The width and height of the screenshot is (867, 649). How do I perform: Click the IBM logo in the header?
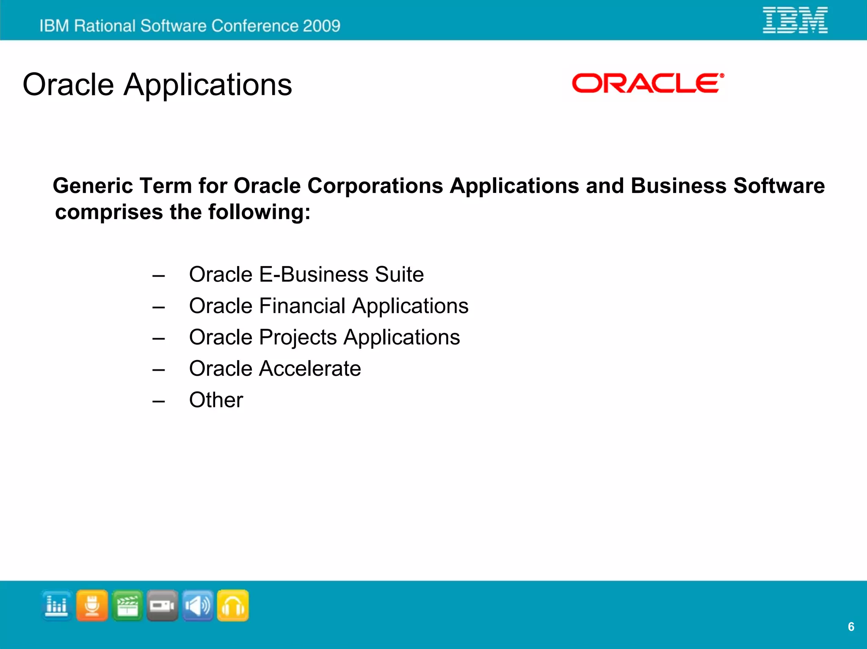click(x=795, y=20)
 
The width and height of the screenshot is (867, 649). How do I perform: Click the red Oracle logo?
click(x=647, y=83)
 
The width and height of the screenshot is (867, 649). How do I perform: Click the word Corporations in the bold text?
click(x=375, y=186)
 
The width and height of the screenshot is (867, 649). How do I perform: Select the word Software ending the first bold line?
click(x=779, y=186)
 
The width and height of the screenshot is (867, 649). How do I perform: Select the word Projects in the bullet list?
click(x=298, y=337)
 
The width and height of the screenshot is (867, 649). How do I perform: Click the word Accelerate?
click(x=310, y=368)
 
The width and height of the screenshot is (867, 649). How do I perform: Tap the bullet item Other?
click(x=216, y=400)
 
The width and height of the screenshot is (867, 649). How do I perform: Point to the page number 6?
click(x=851, y=627)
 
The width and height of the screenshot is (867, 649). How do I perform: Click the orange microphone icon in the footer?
click(x=92, y=605)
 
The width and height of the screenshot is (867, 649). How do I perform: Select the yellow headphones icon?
click(x=233, y=605)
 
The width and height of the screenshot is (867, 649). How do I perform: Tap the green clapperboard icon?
click(x=127, y=605)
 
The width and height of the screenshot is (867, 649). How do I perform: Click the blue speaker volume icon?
click(x=198, y=605)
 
